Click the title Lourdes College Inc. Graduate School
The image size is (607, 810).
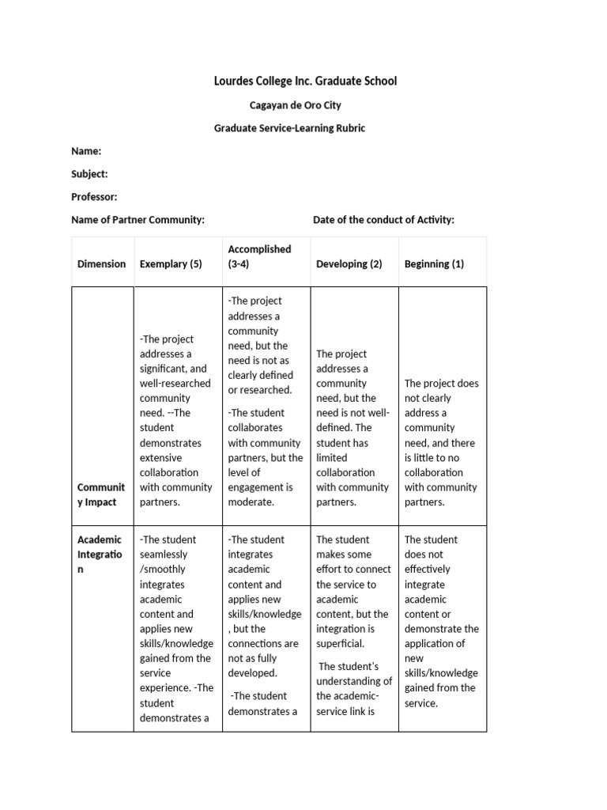coord(305,81)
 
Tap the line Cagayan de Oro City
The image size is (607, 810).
coord(296,105)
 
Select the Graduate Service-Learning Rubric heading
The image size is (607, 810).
coord(290,128)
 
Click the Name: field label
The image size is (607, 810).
coord(86,151)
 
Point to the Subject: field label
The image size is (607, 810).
coord(89,174)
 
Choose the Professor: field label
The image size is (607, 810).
coord(94,197)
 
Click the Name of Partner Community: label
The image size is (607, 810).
coord(138,220)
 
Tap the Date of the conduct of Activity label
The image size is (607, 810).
coord(383,220)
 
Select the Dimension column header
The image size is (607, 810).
coord(101,264)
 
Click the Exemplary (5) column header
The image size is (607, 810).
coord(171,264)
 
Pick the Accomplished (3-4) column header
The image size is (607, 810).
coord(259,256)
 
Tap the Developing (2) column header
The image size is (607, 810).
coord(349,264)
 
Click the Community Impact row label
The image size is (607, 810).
coord(100,494)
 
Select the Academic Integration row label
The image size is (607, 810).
coord(100,555)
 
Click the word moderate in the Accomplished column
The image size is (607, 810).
coord(251,502)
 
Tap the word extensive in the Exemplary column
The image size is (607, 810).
coord(160,458)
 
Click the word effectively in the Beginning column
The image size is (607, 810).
coord(427,570)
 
